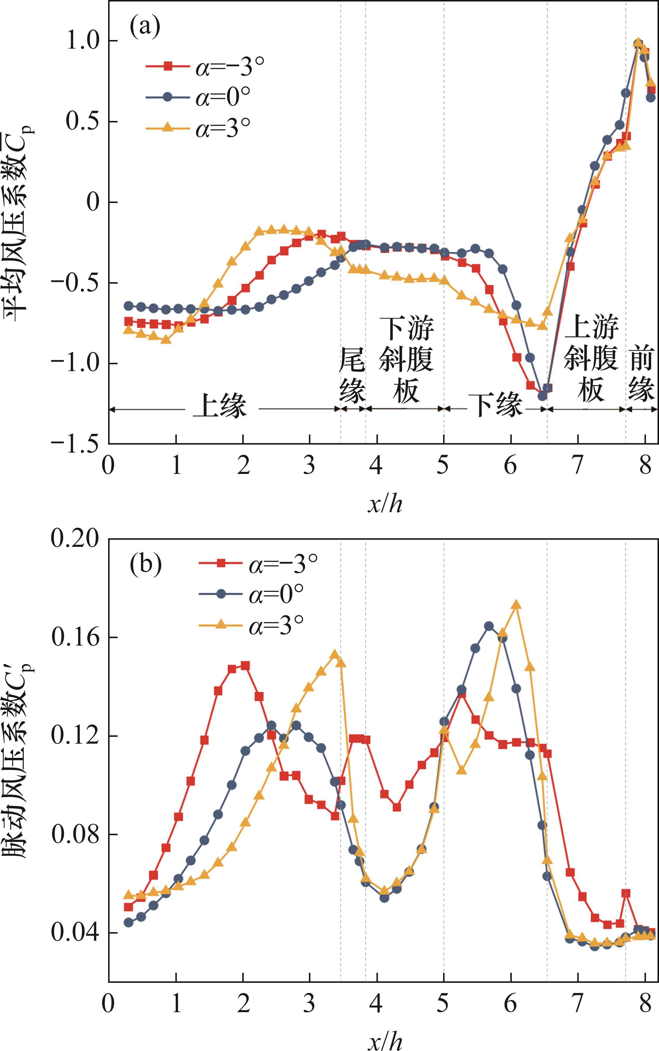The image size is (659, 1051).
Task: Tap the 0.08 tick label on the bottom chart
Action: pos(75,834)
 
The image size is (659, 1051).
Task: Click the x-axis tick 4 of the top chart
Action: pos(376,465)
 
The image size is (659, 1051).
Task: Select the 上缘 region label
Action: pos(220,405)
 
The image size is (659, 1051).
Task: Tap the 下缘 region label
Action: pos(497,405)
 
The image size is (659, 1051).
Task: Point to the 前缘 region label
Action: pos(642,373)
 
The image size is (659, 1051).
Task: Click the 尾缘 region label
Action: pos(352,374)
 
